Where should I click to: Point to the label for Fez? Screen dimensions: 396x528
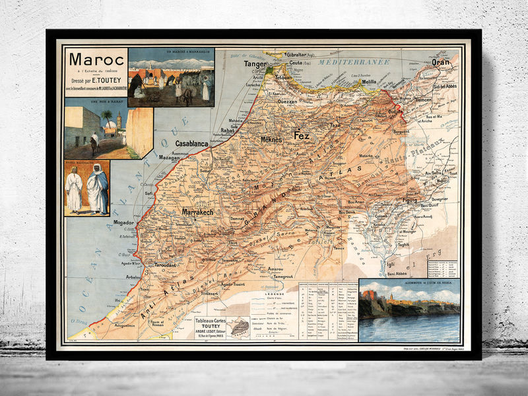pyautogui.click(x=301, y=135)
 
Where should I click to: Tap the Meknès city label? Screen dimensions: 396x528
pyautogui.click(x=271, y=140)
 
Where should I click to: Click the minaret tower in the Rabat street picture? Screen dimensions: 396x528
pyautogui.click(x=119, y=121)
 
